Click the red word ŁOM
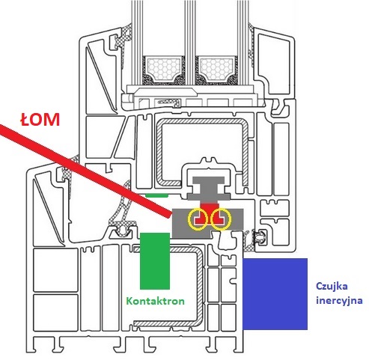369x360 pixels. [40, 120]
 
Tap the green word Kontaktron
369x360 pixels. [155, 301]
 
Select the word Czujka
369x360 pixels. [332, 287]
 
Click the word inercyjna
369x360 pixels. [339, 300]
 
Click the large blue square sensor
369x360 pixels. [275, 294]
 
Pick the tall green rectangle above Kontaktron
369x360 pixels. [155, 261]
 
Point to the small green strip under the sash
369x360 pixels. [156, 195]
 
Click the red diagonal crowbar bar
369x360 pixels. [85, 170]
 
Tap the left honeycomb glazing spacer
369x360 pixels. [163, 69]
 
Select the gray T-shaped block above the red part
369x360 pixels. [209, 189]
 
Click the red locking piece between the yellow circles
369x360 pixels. [209, 212]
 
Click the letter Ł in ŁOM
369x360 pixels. [25, 120]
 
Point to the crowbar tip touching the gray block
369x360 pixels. [170, 214]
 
